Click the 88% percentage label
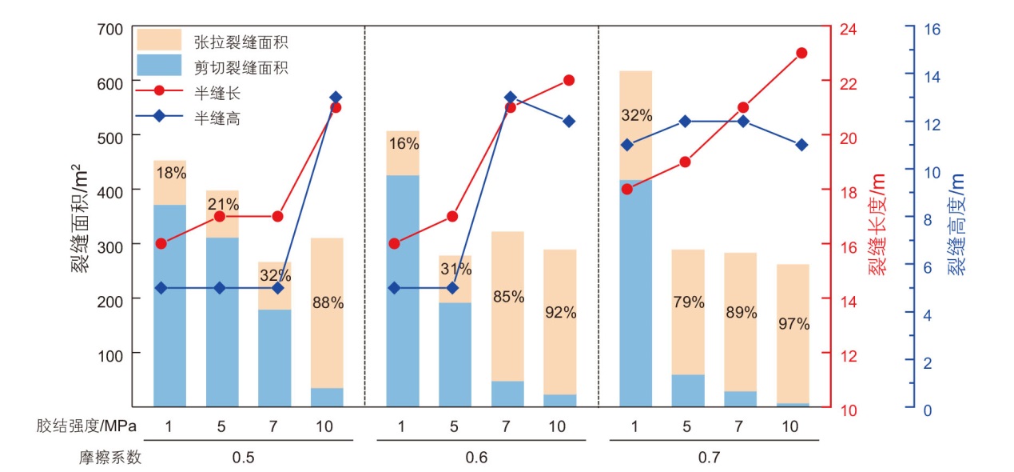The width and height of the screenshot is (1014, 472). (328, 303)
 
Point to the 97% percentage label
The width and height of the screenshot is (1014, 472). (793, 324)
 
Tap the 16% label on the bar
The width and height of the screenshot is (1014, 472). (403, 144)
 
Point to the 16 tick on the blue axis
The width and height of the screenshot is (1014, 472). (932, 30)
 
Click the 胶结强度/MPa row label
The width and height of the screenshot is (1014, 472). (87, 426)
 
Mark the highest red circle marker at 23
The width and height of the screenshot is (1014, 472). (801, 53)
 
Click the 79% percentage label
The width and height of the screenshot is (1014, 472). (688, 302)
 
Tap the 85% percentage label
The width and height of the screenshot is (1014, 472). (508, 297)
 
